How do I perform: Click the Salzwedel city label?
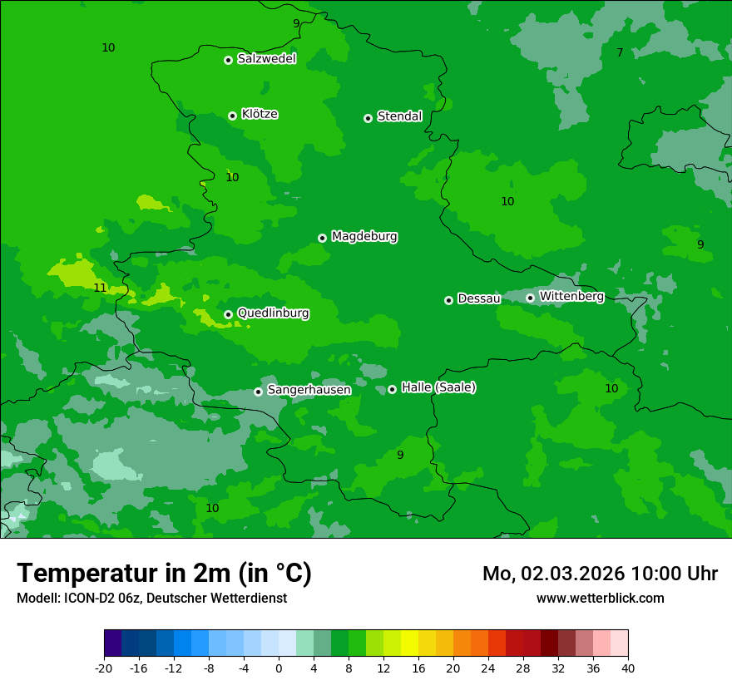click(266, 59)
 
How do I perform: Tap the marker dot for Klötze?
click(232, 116)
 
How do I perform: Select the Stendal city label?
click(399, 116)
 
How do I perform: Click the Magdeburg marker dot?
click(322, 238)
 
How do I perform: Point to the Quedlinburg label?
click(273, 313)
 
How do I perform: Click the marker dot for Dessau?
click(448, 300)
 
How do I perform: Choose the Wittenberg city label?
click(571, 297)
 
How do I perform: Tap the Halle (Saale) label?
click(438, 387)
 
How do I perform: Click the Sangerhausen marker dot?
click(258, 392)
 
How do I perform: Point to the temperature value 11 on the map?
click(100, 288)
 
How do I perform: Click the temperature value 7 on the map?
click(620, 53)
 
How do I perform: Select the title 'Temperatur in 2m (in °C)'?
click(164, 574)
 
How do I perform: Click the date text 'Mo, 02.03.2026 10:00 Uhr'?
click(600, 574)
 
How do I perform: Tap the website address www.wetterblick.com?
click(600, 598)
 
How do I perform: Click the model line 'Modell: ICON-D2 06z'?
click(151, 598)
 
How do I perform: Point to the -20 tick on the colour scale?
click(104, 668)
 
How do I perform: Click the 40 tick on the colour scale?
click(628, 668)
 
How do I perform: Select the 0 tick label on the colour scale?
click(279, 668)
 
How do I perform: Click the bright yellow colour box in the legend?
click(409, 643)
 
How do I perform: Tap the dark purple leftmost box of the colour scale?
click(112, 643)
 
